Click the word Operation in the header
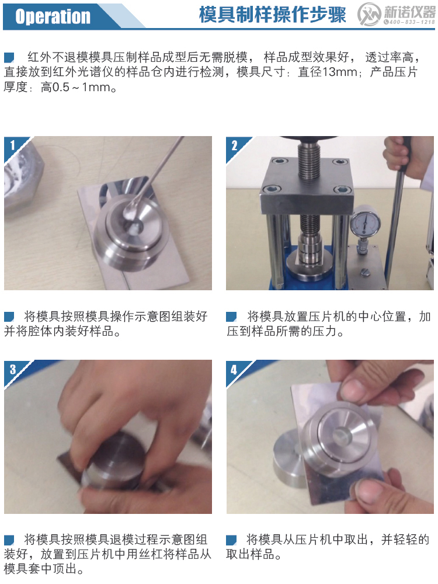click(53, 16)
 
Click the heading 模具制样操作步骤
click(272, 15)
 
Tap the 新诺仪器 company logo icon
click(370, 15)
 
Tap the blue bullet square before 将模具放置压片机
click(232, 317)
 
